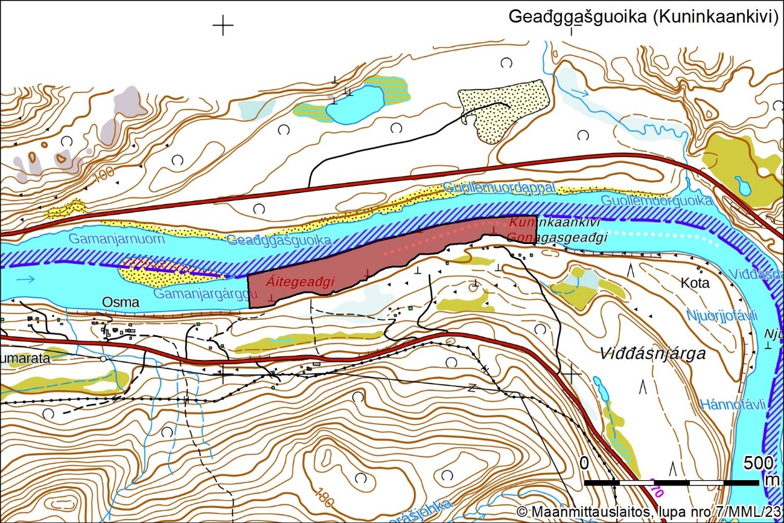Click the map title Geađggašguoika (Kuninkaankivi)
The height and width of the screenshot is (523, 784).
coord(643,16)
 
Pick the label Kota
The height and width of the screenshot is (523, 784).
coord(695,283)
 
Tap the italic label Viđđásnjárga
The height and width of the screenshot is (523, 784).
coord(653,354)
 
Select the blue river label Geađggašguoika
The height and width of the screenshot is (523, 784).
coord(279,240)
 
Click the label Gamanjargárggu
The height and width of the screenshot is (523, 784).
coord(202,294)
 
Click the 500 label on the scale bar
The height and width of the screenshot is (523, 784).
coord(759,463)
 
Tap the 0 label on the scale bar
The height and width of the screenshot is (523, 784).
coord(584,463)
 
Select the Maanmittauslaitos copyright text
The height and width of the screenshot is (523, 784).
coord(649,512)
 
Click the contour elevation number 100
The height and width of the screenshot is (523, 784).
coord(104,174)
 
